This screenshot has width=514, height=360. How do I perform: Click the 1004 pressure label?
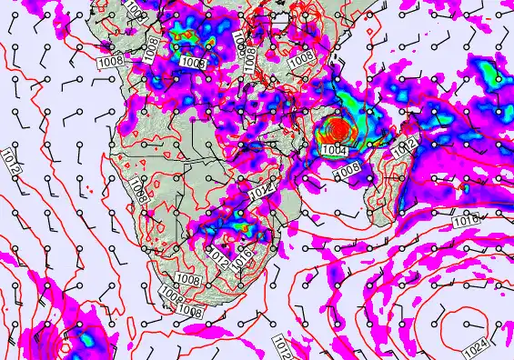334,150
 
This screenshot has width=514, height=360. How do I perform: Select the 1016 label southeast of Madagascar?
465,221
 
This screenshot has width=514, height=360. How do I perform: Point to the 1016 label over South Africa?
243,255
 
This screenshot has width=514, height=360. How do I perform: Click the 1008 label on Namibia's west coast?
137,190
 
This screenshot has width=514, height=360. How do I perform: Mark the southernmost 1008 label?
190,312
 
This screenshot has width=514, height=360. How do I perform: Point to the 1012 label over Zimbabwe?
259,194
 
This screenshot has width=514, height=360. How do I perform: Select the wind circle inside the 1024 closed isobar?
467,325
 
